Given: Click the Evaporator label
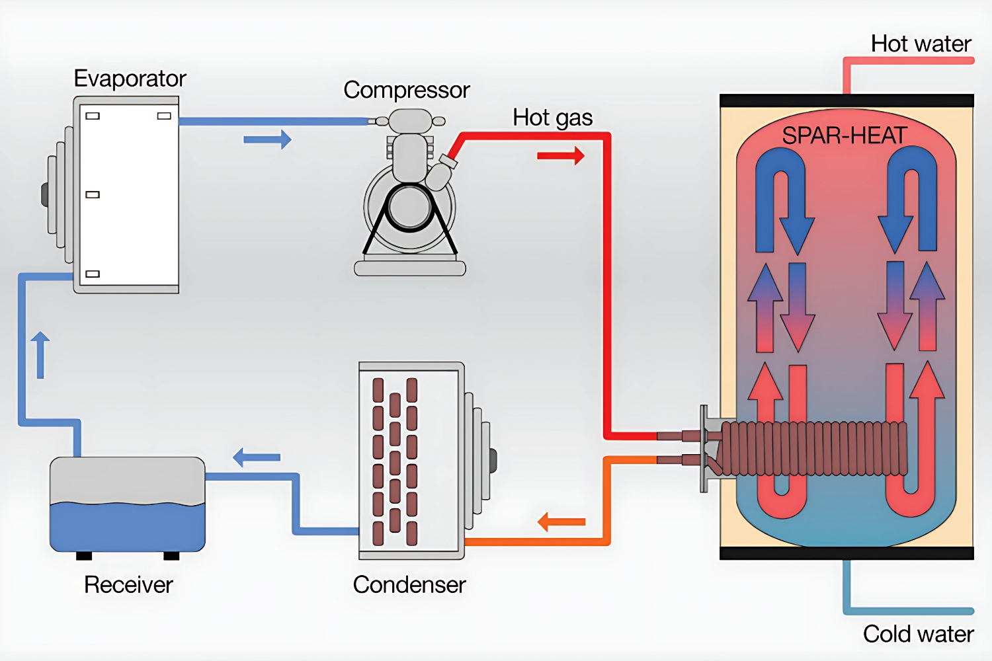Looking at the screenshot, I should (x=130, y=79).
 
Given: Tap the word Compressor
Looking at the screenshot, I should (x=406, y=90).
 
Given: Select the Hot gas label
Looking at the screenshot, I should (x=552, y=118).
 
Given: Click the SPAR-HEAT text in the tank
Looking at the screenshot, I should (x=844, y=136).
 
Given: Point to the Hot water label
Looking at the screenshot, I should (x=921, y=44).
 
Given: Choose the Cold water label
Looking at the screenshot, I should (x=918, y=634).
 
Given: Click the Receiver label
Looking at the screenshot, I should (x=128, y=585).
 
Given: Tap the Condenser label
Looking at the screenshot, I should (x=409, y=585).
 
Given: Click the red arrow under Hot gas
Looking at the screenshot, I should (x=561, y=156).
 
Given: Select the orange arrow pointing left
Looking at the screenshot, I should (x=561, y=522).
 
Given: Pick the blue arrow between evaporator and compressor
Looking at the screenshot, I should (x=267, y=139).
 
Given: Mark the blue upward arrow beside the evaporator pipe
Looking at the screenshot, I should (x=40, y=354).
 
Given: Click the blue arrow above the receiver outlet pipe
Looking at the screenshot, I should (x=257, y=457).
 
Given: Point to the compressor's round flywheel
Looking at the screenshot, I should (x=410, y=208).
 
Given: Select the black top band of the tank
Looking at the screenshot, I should (x=847, y=100).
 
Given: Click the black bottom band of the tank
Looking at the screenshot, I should (x=847, y=553).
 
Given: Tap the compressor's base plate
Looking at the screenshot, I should (x=410, y=268).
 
